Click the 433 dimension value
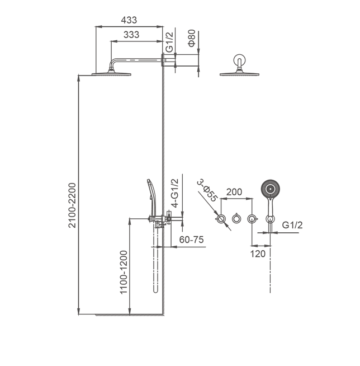pos(129,20)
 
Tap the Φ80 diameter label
pos(192,40)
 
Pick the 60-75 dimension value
pos(191,239)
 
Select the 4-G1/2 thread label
pos(175,193)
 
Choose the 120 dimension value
pos(258,254)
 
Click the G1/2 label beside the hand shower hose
pos(292,225)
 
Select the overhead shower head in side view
pos(110,73)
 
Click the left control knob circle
pos(222,218)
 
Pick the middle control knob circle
pos(237,218)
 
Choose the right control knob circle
pos(253,218)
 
